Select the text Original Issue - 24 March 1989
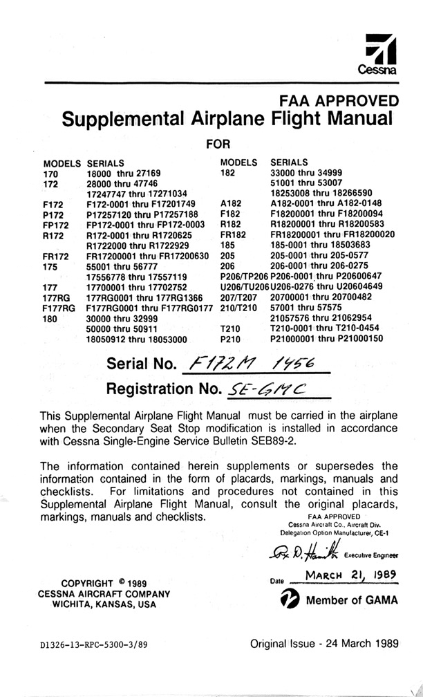pos(324,644)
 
